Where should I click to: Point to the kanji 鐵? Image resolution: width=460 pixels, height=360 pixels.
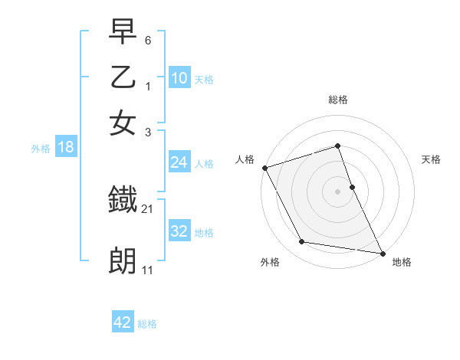pos(123,201)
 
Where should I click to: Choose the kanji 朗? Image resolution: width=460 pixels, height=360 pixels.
pos(123,260)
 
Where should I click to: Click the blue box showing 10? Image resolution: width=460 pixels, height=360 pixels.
pos(179,78)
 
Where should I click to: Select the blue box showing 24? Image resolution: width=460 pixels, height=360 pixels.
pos(179,162)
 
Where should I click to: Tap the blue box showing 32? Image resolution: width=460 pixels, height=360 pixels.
pos(179,231)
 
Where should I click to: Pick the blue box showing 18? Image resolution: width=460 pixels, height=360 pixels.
pos(66,147)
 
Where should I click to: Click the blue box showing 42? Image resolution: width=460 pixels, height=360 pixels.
pos(123,322)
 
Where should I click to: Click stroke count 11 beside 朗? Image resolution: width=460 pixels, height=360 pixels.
pos(148,270)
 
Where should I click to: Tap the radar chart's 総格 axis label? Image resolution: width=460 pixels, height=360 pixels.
pos(338,100)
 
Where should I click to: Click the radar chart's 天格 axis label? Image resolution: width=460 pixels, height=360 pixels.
pos(432,159)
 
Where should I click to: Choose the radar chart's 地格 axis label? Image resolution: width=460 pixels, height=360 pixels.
pos(402,263)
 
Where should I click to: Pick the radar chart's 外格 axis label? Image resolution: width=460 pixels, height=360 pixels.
pos(270,263)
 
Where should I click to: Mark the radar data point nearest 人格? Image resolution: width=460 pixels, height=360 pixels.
pos(264,168)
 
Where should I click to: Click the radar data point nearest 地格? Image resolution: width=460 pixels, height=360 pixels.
pos(382,252)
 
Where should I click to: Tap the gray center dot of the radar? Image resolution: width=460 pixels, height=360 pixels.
pos(338,191)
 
